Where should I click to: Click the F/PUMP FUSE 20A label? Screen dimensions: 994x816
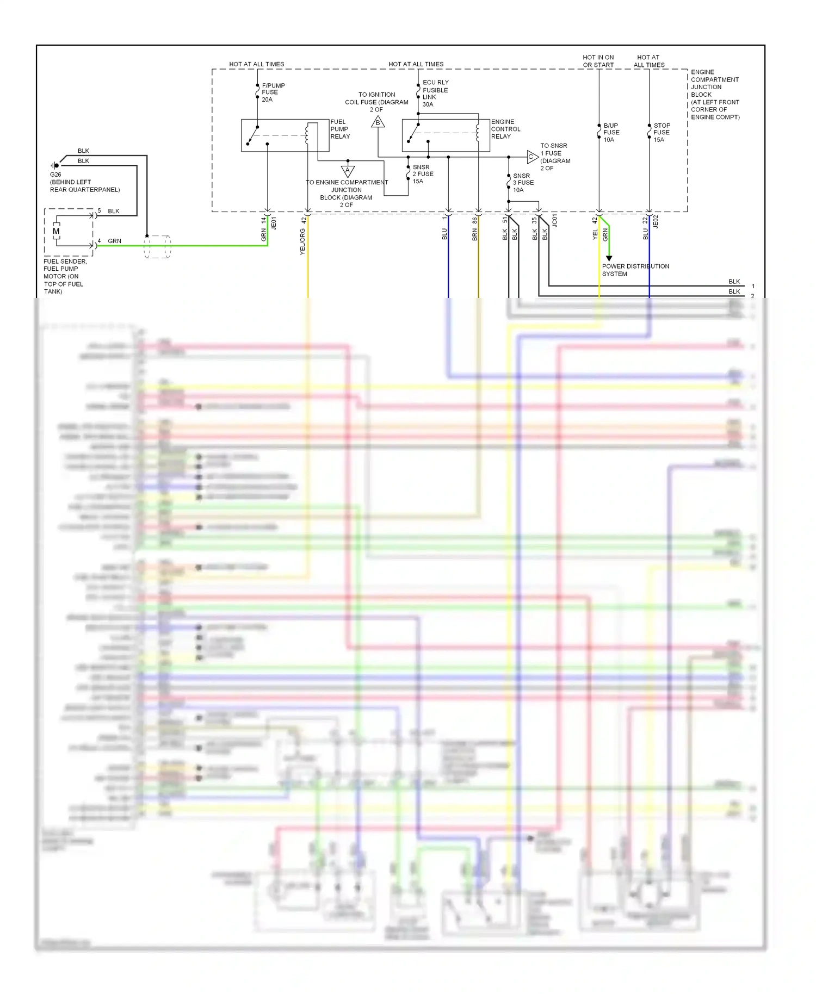[273, 92]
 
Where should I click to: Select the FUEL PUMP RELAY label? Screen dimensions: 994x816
[340, 129]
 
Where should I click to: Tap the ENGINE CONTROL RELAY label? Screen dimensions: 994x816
[505, 129]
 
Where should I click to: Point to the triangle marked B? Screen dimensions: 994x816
[378, 122]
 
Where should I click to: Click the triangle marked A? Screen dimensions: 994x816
[348, 171]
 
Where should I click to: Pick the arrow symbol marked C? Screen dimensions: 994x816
[531, 157]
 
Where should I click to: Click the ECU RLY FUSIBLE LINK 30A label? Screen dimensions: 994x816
[435, 94]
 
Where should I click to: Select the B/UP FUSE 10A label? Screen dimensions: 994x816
[611, 133]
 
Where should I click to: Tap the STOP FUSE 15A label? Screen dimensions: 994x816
[662, 133]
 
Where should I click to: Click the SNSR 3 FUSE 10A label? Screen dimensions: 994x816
[523, 183]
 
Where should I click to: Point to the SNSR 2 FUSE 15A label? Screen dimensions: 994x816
[423, 174]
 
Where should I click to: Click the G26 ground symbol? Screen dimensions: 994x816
[55, 165]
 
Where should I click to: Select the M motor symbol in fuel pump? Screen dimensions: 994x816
[56, 231]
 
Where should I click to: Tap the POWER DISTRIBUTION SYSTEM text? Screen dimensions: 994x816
[635, 270]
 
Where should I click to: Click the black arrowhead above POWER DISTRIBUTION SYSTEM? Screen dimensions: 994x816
[609, 258]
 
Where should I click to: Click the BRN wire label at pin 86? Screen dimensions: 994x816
[475, 234]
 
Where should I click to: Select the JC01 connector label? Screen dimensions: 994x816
[555, 220]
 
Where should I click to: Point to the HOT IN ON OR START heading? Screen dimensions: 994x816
[598, 61]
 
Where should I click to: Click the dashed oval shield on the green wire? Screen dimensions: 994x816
[157, 246]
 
